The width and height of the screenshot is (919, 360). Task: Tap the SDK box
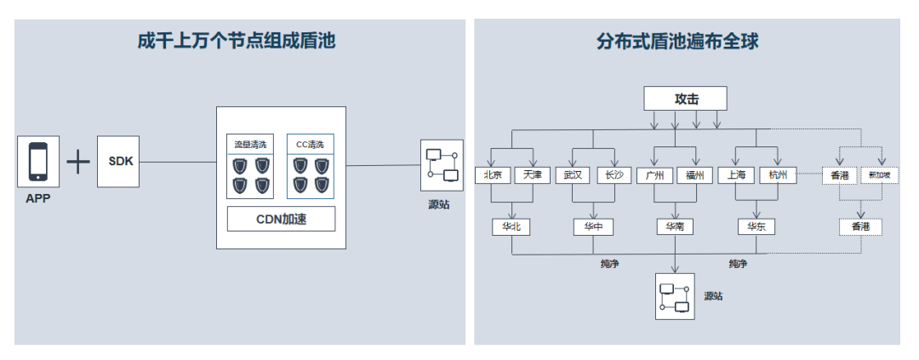(x=118, y=161)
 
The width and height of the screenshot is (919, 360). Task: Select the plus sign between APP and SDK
(x=78, y=162)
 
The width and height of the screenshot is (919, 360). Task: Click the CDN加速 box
(x=281, y=220)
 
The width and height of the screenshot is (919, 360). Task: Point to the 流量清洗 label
(x=249, y=144)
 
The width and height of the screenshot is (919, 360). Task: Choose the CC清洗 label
(x=310, y=144)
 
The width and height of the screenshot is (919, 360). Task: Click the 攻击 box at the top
(x=686, y=99)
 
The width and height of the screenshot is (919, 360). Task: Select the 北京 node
(x=493, y=175)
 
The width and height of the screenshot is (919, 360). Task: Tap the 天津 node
(x=533, y=175)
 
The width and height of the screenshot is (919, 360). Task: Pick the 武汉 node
(x=574, y=175)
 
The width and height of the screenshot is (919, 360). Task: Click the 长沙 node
(x=614, y=175)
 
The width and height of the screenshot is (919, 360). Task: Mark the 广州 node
(x=654, y=175)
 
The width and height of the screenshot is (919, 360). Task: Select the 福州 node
(x=694, y=175)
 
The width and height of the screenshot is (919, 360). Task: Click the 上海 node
(x=736, y=175)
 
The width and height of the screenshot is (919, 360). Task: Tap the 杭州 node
(x=778, y=175)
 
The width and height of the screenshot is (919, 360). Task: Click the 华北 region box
(x=511, y=227)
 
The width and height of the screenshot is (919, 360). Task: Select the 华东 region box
(x=756, y=227)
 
